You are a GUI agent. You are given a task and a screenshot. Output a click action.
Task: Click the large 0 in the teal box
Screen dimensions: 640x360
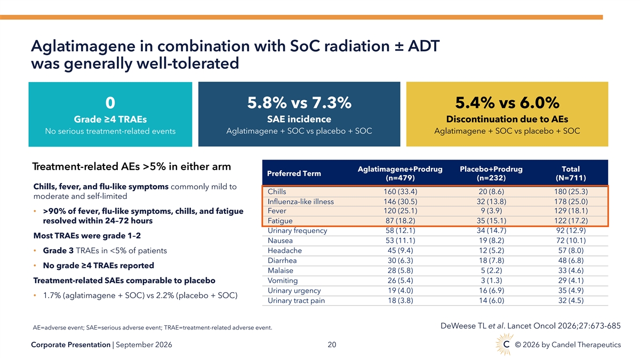(110, 102)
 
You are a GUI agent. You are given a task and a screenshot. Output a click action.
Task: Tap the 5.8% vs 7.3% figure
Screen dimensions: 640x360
(299, 102)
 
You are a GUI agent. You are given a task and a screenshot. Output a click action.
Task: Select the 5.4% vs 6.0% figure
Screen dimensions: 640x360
(507, 102)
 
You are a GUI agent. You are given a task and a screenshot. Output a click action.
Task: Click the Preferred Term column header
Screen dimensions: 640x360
(294, 173)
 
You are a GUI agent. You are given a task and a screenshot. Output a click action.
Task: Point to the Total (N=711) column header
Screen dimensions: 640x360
(571, 173)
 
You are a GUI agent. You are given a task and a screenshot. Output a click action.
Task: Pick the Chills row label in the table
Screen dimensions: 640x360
(277, 191)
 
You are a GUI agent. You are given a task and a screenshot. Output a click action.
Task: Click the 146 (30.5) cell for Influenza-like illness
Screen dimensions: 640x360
(400, 202)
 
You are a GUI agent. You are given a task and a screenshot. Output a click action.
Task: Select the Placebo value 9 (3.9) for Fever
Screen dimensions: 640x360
(491, 211)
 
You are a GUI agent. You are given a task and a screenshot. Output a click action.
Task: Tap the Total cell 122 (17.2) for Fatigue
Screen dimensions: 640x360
(571, 221)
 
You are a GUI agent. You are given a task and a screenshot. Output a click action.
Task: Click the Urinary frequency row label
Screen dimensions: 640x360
(297, 230)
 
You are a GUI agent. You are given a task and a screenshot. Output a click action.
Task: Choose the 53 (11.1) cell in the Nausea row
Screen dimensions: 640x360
(400, 241)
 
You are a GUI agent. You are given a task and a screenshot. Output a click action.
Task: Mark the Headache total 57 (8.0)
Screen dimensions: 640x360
(571, 251)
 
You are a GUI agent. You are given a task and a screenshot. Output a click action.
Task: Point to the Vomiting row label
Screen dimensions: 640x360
(283, 281)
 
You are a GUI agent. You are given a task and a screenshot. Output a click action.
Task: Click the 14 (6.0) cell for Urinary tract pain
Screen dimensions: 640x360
(491, 301)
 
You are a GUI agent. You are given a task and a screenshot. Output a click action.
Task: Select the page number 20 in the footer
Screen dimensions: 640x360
(332, 345)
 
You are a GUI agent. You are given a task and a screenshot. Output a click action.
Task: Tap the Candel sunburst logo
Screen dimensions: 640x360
(505, 345)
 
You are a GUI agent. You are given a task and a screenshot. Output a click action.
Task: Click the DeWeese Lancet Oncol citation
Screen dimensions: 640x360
(530, 326)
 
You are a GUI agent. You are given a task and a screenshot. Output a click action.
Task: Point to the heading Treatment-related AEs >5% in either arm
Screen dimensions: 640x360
(131, 166)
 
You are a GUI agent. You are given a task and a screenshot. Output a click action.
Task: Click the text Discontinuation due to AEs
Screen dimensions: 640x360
(507, 119)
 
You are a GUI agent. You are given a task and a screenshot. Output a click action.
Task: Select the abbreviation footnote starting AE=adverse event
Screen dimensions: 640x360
(153, 327)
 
